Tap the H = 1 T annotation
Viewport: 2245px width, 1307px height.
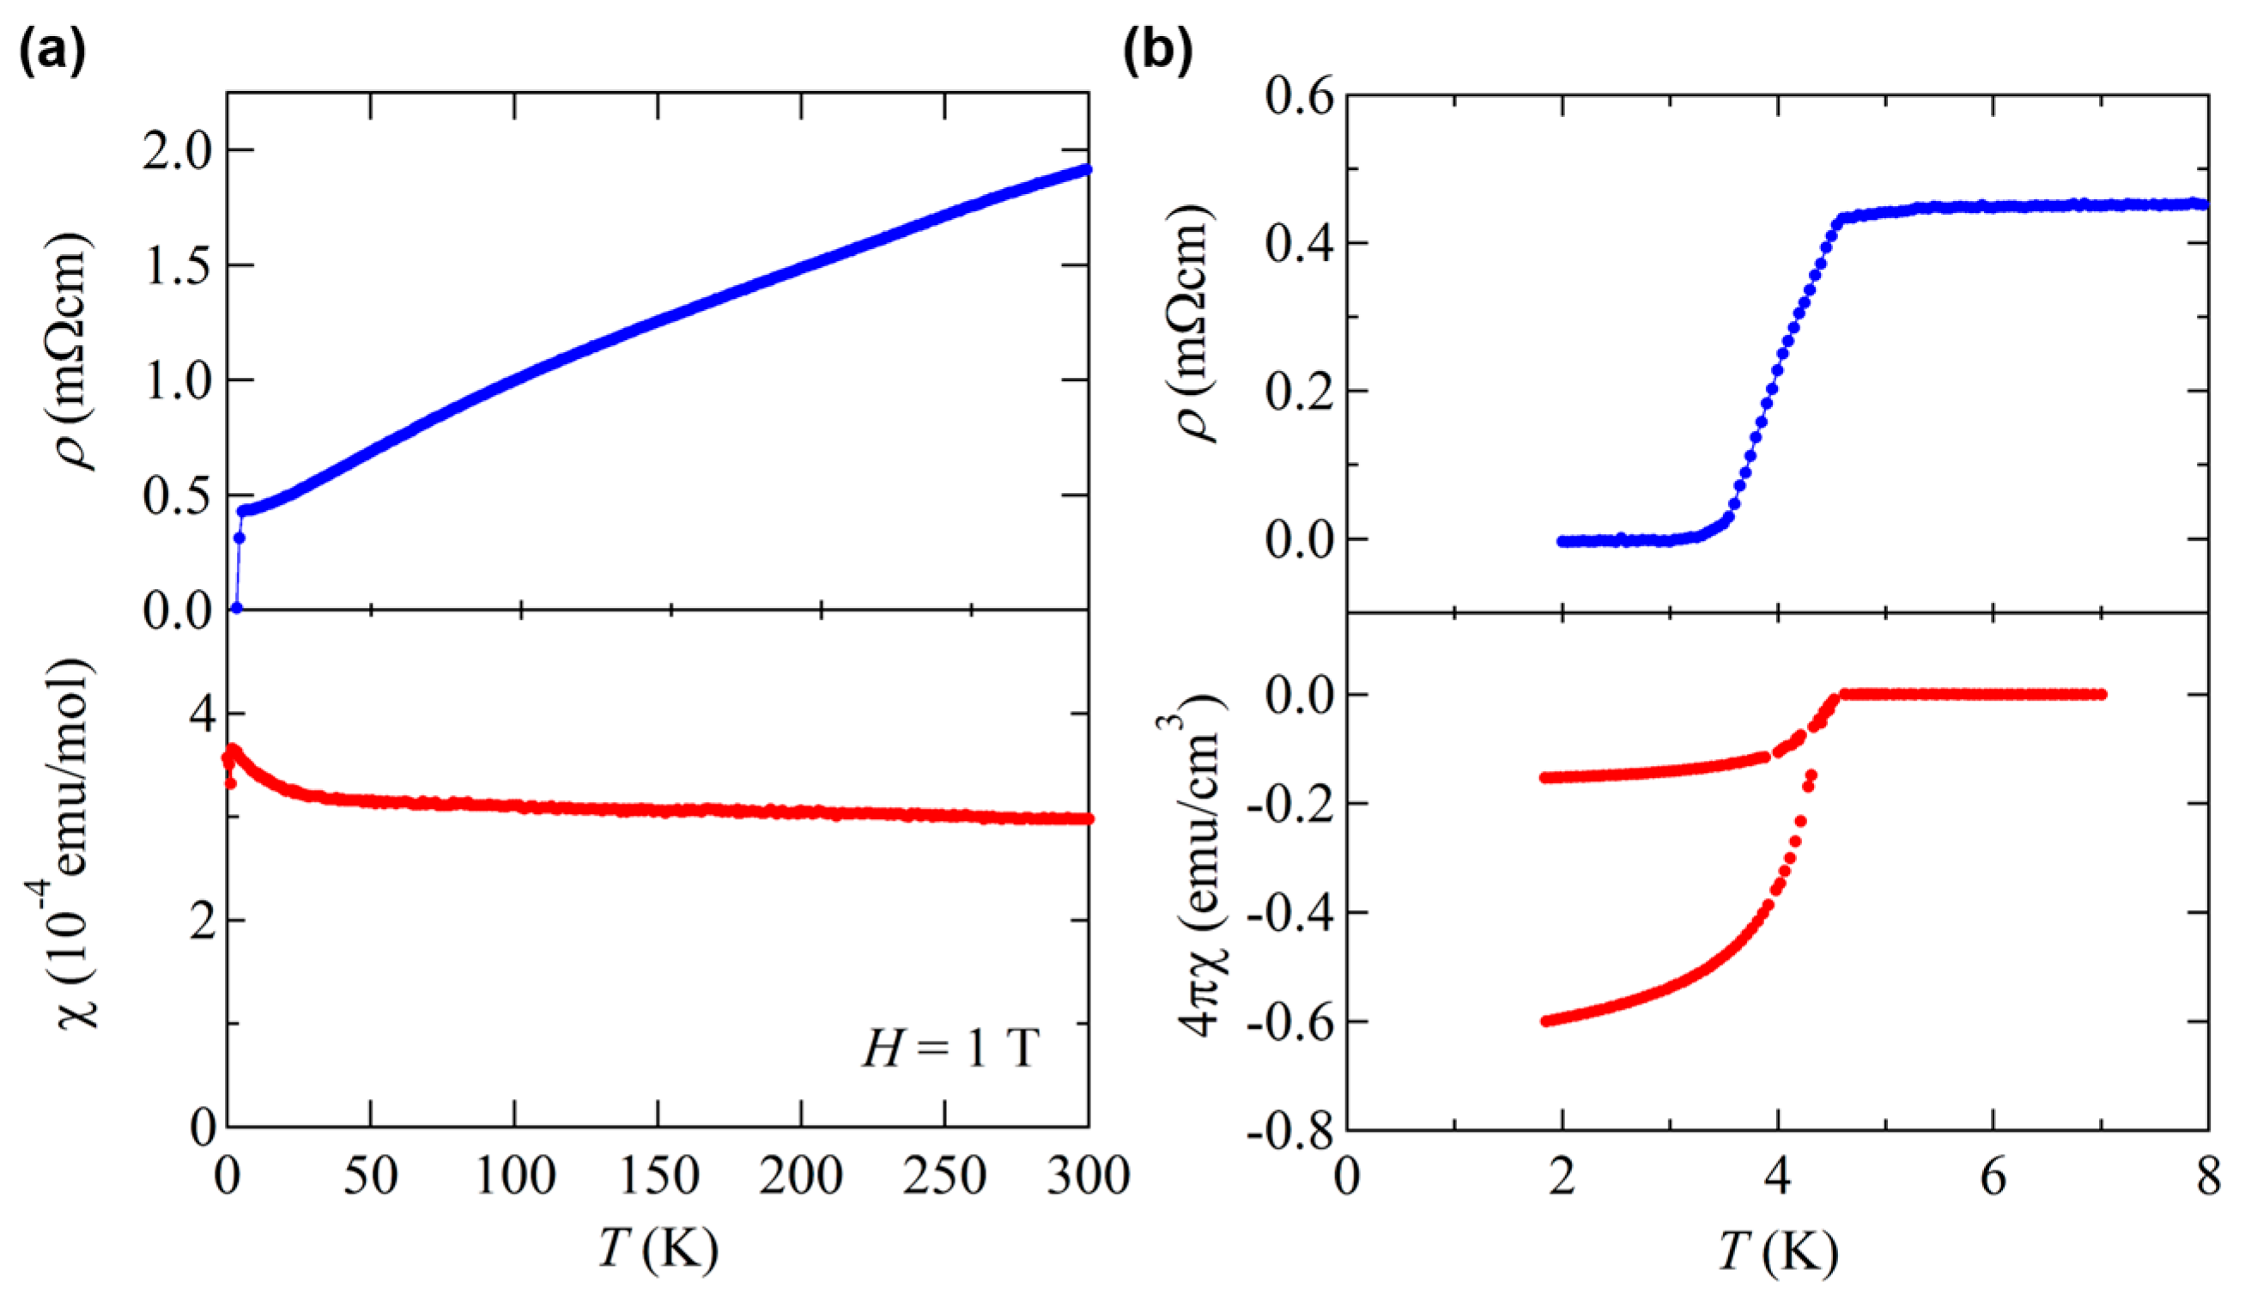950,1049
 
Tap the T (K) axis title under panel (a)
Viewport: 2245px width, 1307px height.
658,1249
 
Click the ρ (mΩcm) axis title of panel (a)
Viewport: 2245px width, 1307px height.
78,352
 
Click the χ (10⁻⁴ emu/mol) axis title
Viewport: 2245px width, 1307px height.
78,842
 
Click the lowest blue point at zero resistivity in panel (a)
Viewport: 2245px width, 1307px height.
236,608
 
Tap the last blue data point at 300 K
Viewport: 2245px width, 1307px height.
1087,169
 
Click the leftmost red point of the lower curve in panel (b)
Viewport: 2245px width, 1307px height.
1545,1021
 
